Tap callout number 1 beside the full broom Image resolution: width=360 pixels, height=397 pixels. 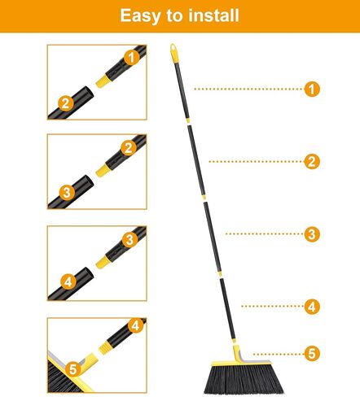pyautogui.click(x=310, y=89)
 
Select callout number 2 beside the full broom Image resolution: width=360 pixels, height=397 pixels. pyautogui.click(x=310, y=161)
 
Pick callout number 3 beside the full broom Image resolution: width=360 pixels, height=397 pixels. pyautogui.click(x=310, y=234)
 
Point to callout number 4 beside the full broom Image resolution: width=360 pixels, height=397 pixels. pyautogui.click(x=310, y=307)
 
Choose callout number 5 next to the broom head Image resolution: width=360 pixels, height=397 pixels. pyautogui.click(x=310, y=353)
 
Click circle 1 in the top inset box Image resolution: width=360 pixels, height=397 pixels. pyautogui.click(x=129, y=57)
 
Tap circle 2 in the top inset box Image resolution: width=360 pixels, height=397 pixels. pyautogui.click(x=64, y=103)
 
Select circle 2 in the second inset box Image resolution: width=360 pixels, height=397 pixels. pyautogui.click(x=129, y=147)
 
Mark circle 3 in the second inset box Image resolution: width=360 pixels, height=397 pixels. pyautogui.click(x=64, y=193)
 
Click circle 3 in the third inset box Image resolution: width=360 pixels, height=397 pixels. pyautogui.click(x=129, y=239)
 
